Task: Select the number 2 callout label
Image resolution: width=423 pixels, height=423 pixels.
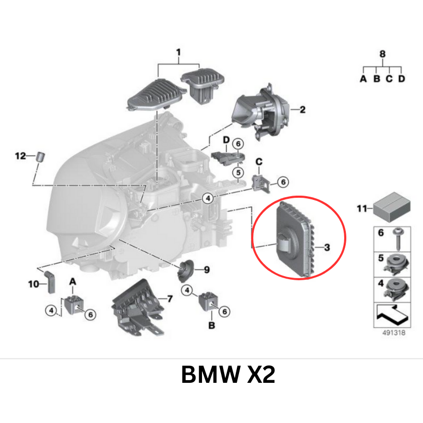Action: point(302,110)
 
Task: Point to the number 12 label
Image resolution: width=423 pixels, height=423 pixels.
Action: point(20,155)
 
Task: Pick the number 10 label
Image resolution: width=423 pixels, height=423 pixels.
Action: point(33,284)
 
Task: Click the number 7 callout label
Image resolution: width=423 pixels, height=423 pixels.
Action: point(169,299)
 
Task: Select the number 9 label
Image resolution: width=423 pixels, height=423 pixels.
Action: point(206,270)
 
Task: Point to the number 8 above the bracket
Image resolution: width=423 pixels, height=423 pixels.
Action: point(383,53)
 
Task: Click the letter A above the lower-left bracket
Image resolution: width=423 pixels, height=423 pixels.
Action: point(72,284)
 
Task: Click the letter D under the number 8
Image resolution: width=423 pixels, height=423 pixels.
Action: point(401,79)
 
